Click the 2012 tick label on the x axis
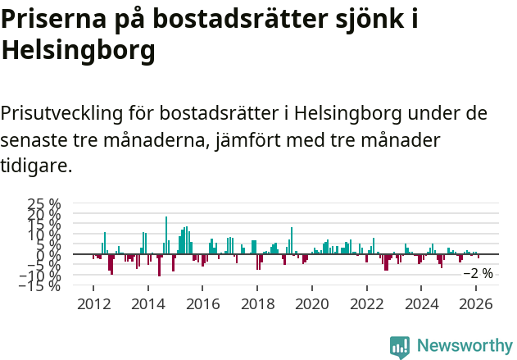(x=93, y=303)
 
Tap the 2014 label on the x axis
(x=147, y=303)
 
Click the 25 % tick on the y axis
(x=44, y=204)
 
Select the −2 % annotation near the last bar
(x=478, y=273)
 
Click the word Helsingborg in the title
(x=78, y=51)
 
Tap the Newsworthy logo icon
(x=400, y=346)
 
